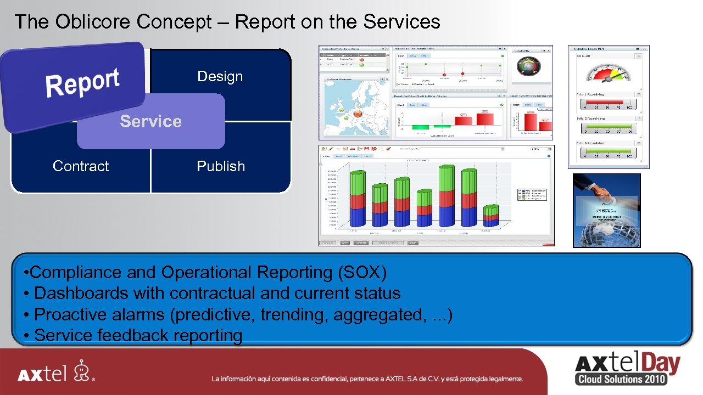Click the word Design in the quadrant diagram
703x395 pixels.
(x=220, y=77)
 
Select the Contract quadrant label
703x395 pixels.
(x=81, y=166)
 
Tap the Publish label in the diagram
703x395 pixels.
(x=221, y=166)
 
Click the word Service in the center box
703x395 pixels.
(x=150, y=121)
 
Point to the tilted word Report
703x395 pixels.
(x=82, y=83)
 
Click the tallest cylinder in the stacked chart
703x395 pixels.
(x=445, y=194)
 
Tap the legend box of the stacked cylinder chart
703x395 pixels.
(x=532, y=195)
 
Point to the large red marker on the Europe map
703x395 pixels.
(x=358, y=114)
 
